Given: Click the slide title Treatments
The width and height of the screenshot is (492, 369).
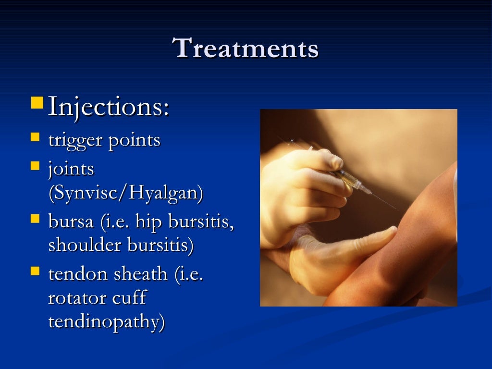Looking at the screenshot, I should pos(246,49).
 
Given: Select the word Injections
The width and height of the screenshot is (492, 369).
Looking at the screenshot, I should pos(108,107).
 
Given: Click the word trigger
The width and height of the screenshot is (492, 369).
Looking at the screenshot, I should pos(75,140).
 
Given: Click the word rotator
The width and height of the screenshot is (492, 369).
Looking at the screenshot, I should pos(77,298).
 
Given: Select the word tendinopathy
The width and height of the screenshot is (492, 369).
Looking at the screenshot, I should pos(106,322).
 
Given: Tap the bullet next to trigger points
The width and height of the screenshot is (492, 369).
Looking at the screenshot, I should pos(35,138).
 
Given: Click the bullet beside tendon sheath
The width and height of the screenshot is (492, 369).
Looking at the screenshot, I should pos(35,271).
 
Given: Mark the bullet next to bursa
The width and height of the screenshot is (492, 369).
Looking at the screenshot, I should pos(35,219).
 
